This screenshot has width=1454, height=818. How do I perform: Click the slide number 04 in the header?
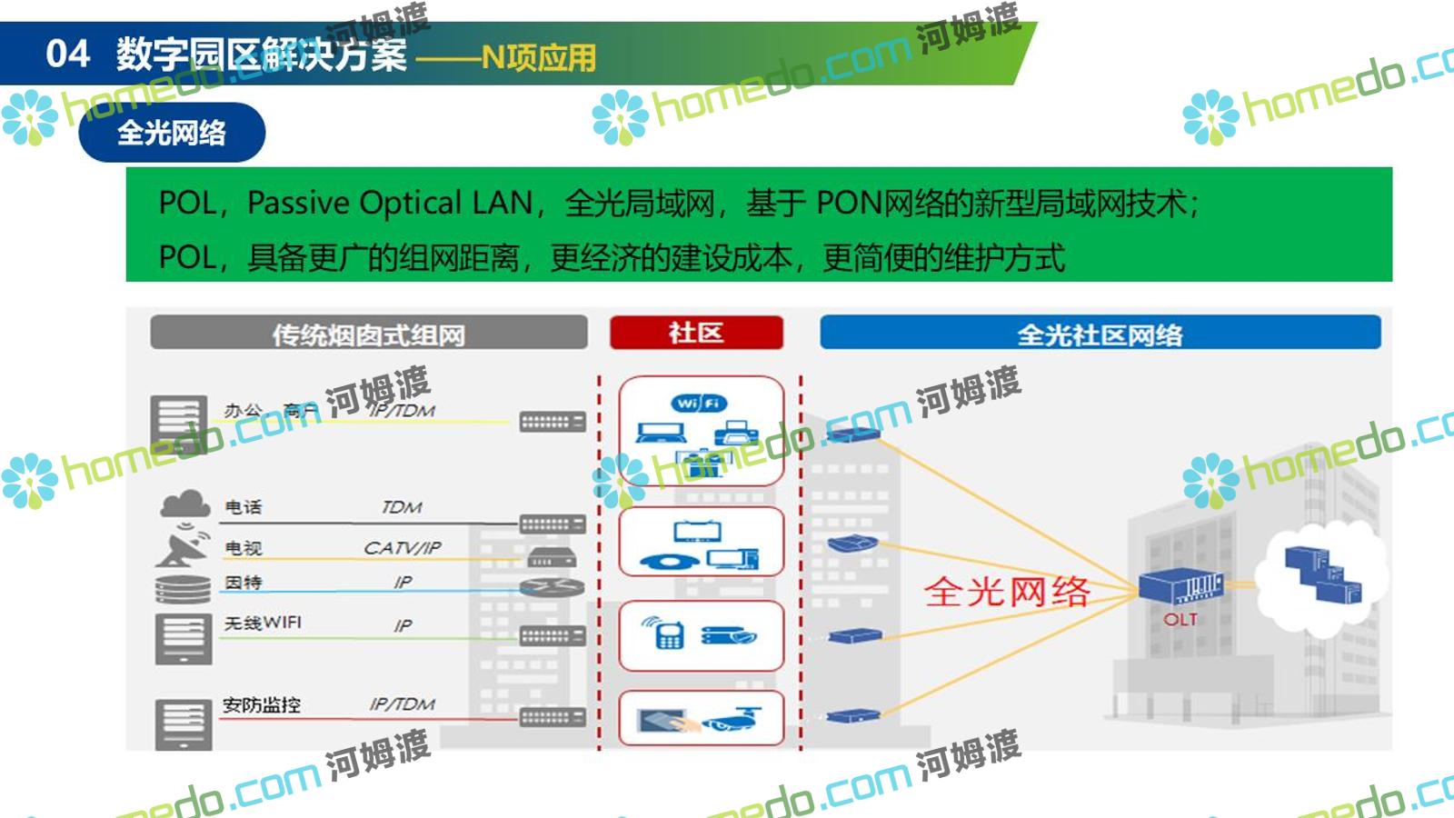(67, 54)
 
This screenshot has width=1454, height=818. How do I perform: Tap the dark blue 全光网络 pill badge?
(172, 133)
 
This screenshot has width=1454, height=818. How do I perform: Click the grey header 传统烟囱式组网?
(368, 334)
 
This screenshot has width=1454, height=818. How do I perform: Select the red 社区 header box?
(696, 333)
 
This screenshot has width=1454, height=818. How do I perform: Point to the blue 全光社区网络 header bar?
(1100, 334)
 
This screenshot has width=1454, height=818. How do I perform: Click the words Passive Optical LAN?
(390, 203)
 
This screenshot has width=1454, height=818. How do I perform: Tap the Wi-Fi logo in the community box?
(700, 403)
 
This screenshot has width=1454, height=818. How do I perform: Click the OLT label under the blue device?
(1180, 620)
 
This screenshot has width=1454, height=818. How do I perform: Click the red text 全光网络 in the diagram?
(1007, 592)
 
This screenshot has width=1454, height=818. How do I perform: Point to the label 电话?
(244, 507)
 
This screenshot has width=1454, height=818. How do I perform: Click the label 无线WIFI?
(263, 623)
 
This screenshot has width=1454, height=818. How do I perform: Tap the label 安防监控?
(262, 704)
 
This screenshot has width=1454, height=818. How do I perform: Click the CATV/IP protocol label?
(403, 548)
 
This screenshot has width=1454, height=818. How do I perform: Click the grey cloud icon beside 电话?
(184, 504)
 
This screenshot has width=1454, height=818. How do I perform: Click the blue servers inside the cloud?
(1323, 574)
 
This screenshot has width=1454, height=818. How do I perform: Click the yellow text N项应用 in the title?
(539, 58)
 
